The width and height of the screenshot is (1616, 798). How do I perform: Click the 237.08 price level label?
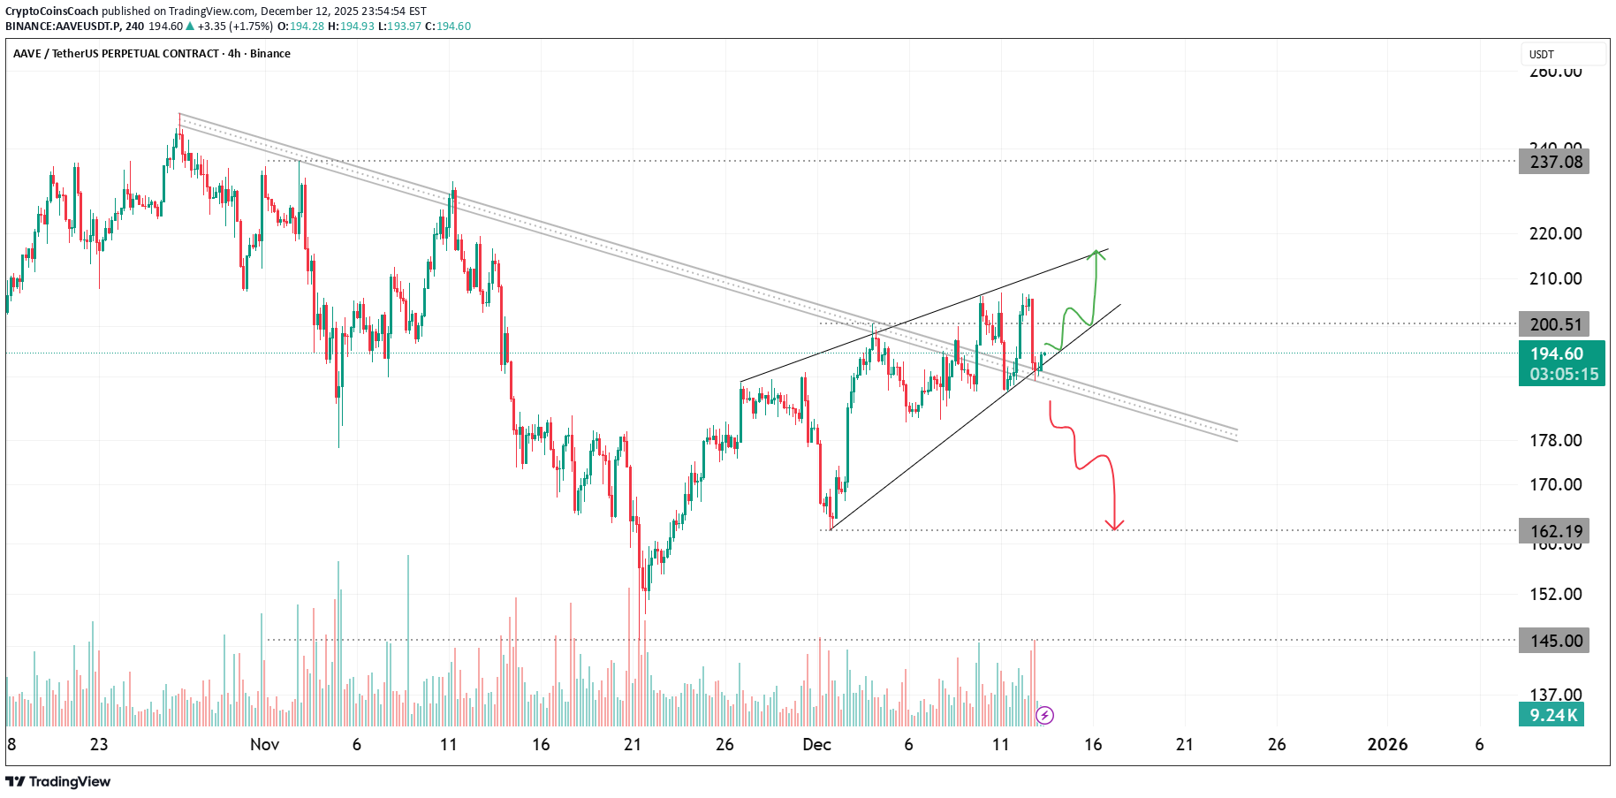[x=1554, y=162]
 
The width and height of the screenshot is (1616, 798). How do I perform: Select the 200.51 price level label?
[x=1554, y=324]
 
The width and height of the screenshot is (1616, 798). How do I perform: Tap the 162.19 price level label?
[x=1554, y=531]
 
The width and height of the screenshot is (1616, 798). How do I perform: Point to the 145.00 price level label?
[x=1554, y=641]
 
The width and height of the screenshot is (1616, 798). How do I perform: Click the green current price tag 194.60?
[x=1561, y=363]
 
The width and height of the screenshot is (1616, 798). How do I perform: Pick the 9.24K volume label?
[x=1552, y=715]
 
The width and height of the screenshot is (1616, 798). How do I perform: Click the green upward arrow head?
[x=1096, y=254]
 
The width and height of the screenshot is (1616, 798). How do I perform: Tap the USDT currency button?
[x=1561, y=55]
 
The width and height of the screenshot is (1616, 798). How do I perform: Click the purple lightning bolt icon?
[x=1044, y=715]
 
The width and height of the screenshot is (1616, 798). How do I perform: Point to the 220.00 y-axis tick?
[x=1555, y=233]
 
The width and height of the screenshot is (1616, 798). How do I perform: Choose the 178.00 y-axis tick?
[x=1555, y=440]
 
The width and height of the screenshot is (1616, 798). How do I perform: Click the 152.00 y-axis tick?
[x=1555, y=594]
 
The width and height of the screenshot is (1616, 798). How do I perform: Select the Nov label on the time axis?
[x=264, y=744]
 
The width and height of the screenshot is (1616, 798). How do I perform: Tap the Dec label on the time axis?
[x=816, y=744]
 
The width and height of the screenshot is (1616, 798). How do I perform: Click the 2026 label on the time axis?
[x=1387, y=744]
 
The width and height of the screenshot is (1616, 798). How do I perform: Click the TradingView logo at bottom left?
[x=58, y=781]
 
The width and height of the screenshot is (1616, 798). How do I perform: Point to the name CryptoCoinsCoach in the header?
[x=52, y=11]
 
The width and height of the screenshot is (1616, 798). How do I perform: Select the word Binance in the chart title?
[x=270, y=54]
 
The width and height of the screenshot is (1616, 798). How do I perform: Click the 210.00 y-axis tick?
[x=1555, y=278]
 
